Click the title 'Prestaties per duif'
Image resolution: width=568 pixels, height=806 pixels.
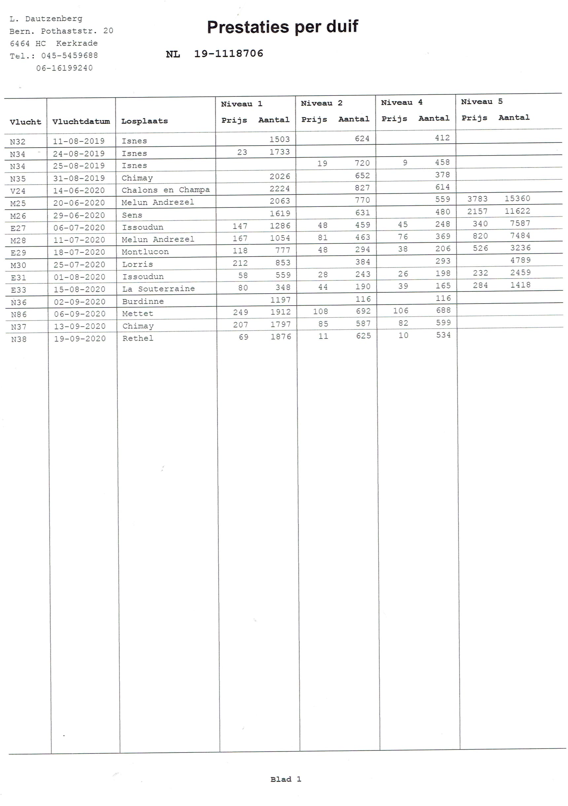tap(282, 27)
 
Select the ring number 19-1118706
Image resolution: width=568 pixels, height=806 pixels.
tap(229, 54)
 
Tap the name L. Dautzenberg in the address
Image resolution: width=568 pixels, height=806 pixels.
tap(46, 18)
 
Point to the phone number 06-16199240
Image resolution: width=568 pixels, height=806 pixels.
tap(64, 68)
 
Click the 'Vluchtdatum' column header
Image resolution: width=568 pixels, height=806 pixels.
tap(81, 122)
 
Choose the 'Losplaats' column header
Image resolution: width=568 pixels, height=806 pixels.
tap(144, 121)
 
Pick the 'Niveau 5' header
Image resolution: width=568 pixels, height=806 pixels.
tap(481, 102)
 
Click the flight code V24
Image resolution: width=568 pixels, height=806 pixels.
tap(18, 191)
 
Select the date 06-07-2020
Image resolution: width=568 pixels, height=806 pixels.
tap(79, 228)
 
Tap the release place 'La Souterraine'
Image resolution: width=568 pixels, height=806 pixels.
tap(158, 289)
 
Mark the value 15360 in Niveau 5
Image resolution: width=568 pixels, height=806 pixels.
tap(517, 199)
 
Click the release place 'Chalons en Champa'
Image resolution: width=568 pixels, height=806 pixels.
tap(165, 190)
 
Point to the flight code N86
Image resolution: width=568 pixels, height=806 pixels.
tap(18, 314)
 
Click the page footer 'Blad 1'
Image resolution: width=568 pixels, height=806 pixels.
tap(286, 779)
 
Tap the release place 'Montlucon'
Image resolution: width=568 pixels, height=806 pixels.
tap(145, 252)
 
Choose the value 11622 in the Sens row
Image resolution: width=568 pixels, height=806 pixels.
tap(517, 211)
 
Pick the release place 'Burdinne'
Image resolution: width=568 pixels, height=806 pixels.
tap(143, 301)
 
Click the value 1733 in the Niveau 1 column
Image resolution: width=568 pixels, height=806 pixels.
tap(279, 152)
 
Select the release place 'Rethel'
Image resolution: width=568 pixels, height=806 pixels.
tap(138, 338)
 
